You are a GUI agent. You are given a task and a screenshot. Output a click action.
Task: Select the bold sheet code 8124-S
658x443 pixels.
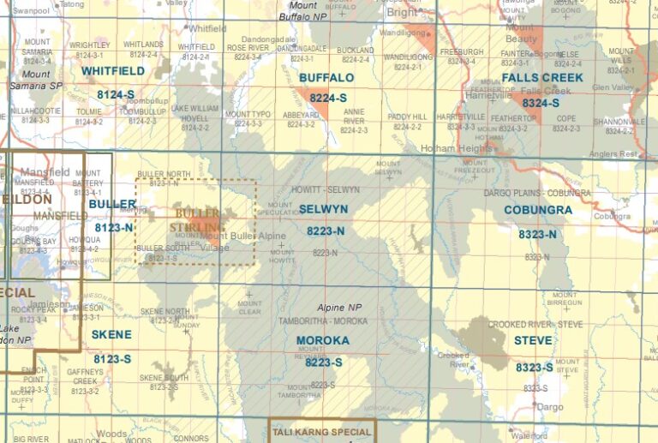coord(115,94)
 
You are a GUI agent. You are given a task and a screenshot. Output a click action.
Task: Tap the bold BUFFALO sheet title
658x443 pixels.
coord(326,78)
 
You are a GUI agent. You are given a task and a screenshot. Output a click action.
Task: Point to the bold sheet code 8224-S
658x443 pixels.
coord(328,99)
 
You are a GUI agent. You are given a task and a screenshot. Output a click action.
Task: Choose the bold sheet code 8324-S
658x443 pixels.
coord(541,102)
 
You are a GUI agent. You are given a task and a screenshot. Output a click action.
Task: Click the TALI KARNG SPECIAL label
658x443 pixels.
coord(323,432)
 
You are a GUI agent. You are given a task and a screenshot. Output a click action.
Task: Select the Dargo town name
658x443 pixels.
coord(549,407)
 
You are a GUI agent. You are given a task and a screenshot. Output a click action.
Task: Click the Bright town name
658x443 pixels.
coord(402,13)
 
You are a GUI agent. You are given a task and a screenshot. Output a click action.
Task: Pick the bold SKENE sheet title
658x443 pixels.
coord(111,334)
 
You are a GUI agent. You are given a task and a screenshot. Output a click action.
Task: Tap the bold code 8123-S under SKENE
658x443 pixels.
coord(113,358)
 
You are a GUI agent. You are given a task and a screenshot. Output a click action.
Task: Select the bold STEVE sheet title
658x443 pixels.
coord(533,340)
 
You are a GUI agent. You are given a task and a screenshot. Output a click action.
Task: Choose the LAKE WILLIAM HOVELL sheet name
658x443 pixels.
coord(195,114)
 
